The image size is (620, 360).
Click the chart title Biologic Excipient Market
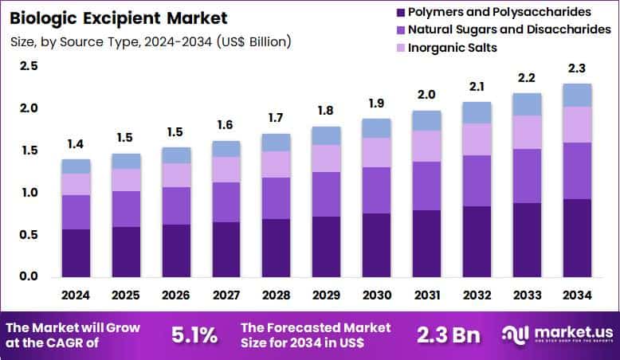pyautogui.click(x=118, y=18)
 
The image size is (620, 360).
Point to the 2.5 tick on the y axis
pyautogui.click(x=29, y=66)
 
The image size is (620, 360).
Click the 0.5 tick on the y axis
pyautogui.click(x=29, y=235)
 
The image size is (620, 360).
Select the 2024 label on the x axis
pyautogui.click(x=76, y=295)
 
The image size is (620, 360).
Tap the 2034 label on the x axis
pyautogui.click(x=577, y=295)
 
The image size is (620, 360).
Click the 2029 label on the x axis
pyautogui.click(x=327, y=295)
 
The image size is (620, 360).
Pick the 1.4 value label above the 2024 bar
pyautogui.click(x=76, y=145)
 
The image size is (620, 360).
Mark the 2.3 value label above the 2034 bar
pyautogui.click(x=577, y=69)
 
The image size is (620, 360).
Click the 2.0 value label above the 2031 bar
pyautogui.click(x=426, y=96)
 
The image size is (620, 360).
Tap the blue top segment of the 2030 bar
pyautogui.click(x=376, y=128)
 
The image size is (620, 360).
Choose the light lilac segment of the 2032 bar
pyautogui.click(x=477, y=139)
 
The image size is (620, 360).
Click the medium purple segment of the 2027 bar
pyautogui.click(x=226, y=202)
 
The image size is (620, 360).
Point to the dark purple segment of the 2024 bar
pyautogui.click(x=76, y=252)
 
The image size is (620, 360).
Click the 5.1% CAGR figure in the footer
pyautogui.click(x=194, y=335)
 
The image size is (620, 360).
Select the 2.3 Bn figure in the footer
pyautogui.click(x=449, y=335)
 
